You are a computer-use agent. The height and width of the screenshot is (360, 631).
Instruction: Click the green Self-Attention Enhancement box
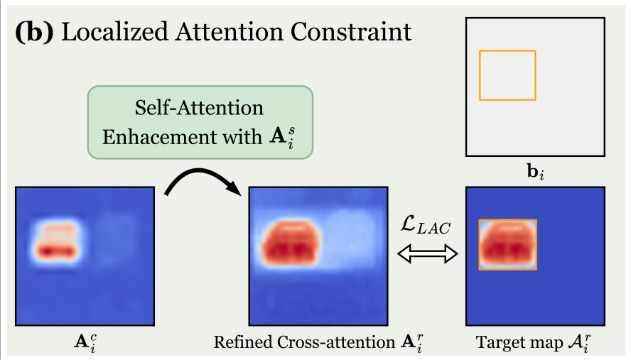(200, 122)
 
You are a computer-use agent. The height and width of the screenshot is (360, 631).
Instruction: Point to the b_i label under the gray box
(534, 173)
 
